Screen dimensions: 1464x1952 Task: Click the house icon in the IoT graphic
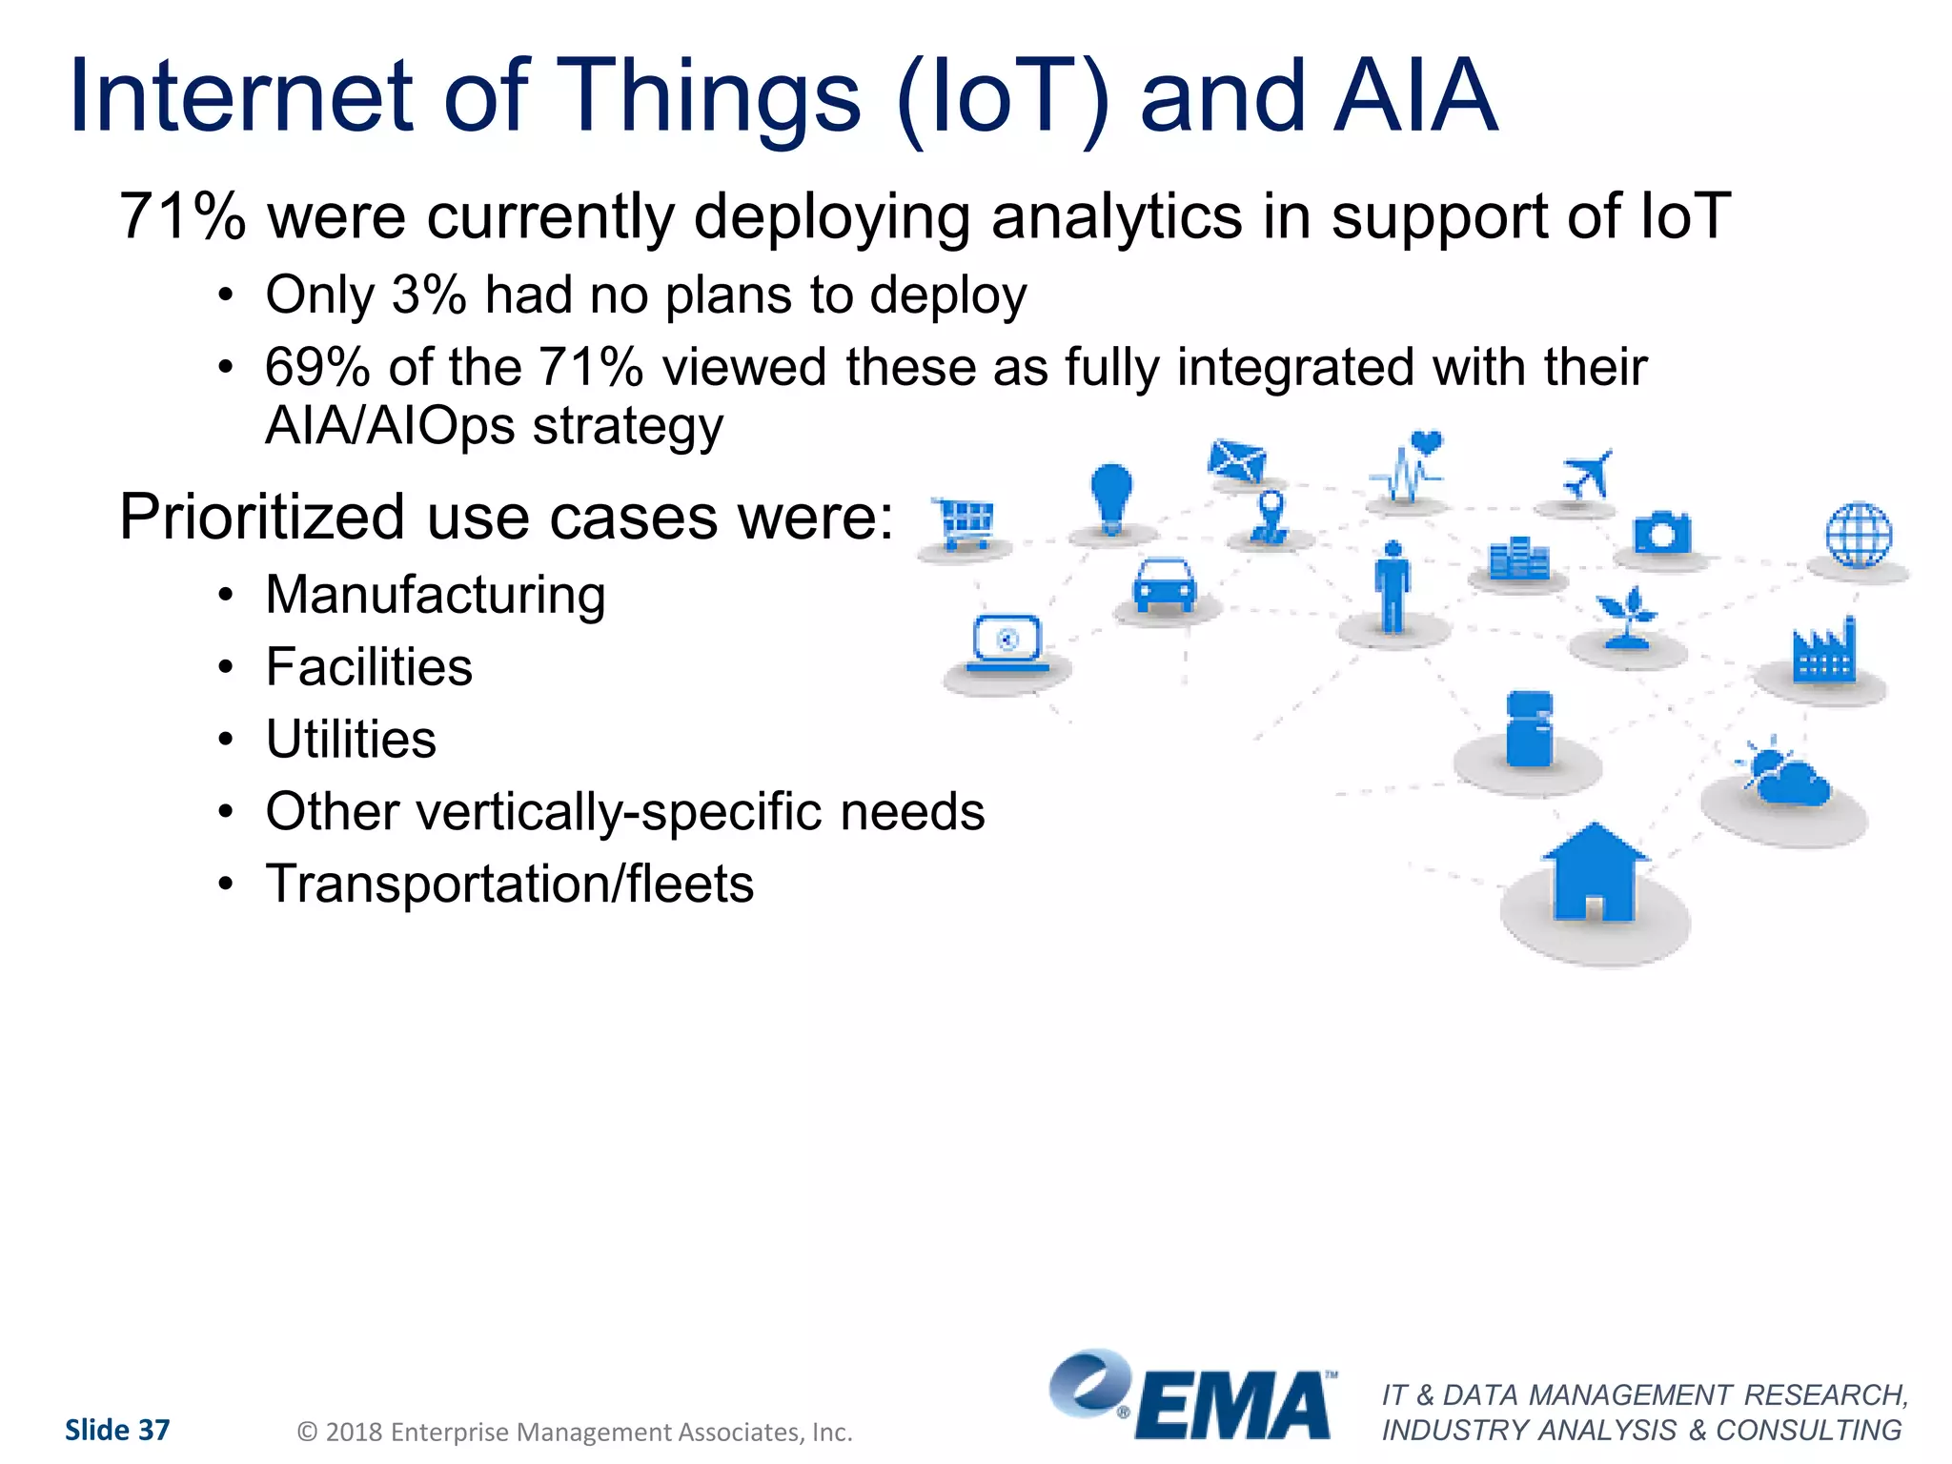tap(1594, 873)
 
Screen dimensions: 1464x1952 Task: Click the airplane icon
tap(1586, 474)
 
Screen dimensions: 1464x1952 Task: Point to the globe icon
tap(1859, 535)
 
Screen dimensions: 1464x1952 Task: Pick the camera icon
tap(1661, 533)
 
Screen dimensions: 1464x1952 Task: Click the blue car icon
tap(1164, 584)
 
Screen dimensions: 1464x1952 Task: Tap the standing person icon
tap(1393, 586)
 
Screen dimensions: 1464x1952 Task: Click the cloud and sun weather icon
tap(1783, 775)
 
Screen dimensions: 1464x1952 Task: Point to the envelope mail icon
tap(1236, 460)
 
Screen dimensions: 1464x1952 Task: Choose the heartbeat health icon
tap(1409, 467)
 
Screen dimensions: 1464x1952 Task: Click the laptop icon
tap(1007, 643)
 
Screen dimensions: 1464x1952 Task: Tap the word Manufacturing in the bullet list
tap(436, 595)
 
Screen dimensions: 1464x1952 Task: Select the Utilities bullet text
tap(351, 740)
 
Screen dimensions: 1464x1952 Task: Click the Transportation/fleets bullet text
tap(509, 884)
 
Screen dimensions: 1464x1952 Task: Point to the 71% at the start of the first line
tap(181, 216)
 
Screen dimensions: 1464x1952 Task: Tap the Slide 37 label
tap(117, 1430)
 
